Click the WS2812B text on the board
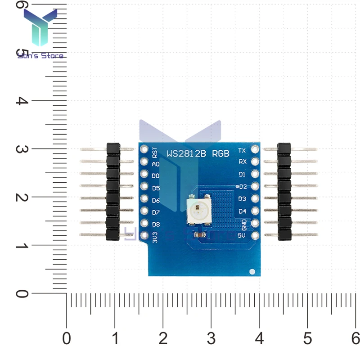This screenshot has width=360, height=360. pyautogui.click(x=187, y=153)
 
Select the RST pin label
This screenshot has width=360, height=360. pyautogui.click(x=155, y=152)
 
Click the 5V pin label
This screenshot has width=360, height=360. pyautogui.click(x=242, y=235)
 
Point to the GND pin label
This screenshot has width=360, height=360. pyautogui.click(x=243, y=223)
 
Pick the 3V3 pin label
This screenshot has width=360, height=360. pyautogui.click(x=155, y=237)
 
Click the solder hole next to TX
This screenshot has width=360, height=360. pyautogui.click(x=255, y=149)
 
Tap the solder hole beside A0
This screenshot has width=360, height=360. pyautogui.click(x=144, y=162)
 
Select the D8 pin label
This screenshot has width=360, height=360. pyautogui.click(x=156, y=224)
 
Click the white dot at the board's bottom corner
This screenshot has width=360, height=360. pyautogui.click(x=252, y=271)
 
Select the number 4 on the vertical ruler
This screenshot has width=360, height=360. pyautogui.click(x=19, y=100)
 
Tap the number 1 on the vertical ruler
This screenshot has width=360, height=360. pyautogui.click(x=19, y=246)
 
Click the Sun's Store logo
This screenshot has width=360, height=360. pyautogui.click(x=40, y=34)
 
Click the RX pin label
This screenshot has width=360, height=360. pyautogui.click(x=242, y=162)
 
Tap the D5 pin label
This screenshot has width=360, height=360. pyautogui.click(x=156, y=187)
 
